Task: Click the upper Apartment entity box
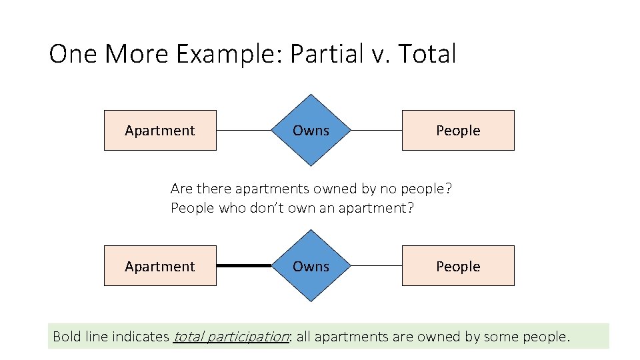160,130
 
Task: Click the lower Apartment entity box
160,266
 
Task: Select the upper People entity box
458,130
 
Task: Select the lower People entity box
458,266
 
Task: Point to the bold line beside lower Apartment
244,266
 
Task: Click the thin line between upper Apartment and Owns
244,130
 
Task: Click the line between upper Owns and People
376,130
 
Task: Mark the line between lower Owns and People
376,266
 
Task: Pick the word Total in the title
427,54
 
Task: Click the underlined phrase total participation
231,337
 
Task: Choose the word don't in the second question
266,208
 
